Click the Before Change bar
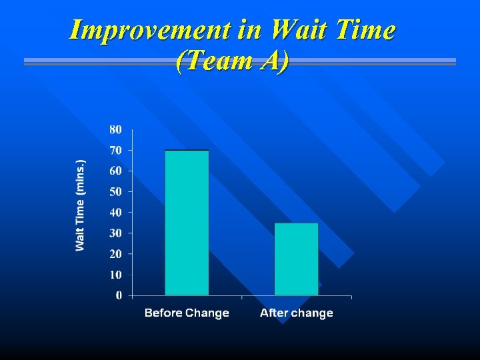(187, 223)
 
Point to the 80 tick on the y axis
(116, 129)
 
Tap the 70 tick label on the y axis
(116, 150)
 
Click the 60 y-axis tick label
(116, 171)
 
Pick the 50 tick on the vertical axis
(116, 191)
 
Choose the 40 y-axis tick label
(116, 212)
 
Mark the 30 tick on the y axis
(116, 233)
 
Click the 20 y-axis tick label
(116, 253)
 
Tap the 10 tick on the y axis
(116, 274)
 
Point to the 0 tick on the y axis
(119, 295)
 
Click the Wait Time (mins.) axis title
(81, 205)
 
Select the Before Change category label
(187, 313)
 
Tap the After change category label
(296, 313)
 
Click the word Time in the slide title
(365, 30)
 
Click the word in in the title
(250, 30)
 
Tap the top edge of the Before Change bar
(187, 151)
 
